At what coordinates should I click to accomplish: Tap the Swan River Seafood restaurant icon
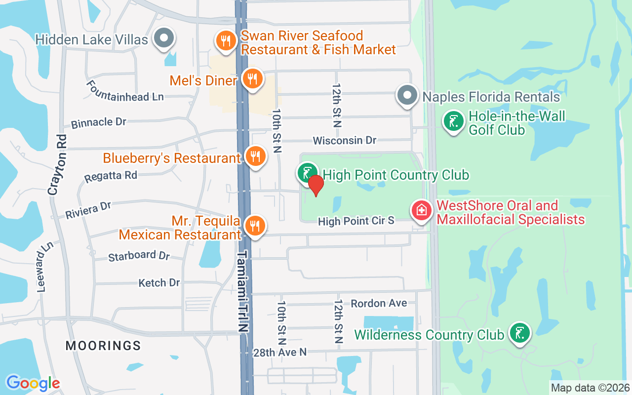tap(226, 41)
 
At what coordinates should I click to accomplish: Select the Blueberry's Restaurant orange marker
tap(255, 157)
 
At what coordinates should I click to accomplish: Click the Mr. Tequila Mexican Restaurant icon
tap(255, 226)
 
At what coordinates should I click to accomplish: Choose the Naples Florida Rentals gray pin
tap(407, 95)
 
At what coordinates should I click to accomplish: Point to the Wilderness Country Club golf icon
tap(519, 333)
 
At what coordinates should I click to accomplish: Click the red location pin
tap(316, 184)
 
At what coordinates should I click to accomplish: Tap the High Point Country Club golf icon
tap(307, 172)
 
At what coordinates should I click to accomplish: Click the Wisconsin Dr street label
tap(345, 141)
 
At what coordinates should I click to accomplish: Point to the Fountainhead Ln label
tap(125, 91)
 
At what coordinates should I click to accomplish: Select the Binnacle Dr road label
tap(99, 122)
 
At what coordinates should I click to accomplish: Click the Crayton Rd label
tap(57, 164)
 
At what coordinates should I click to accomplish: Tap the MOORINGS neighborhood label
tap(103, 346)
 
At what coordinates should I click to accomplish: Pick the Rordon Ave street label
tap(379, 303)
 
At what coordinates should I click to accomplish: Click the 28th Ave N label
tap(280, 352)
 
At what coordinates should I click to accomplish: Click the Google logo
tap(33, 383)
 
